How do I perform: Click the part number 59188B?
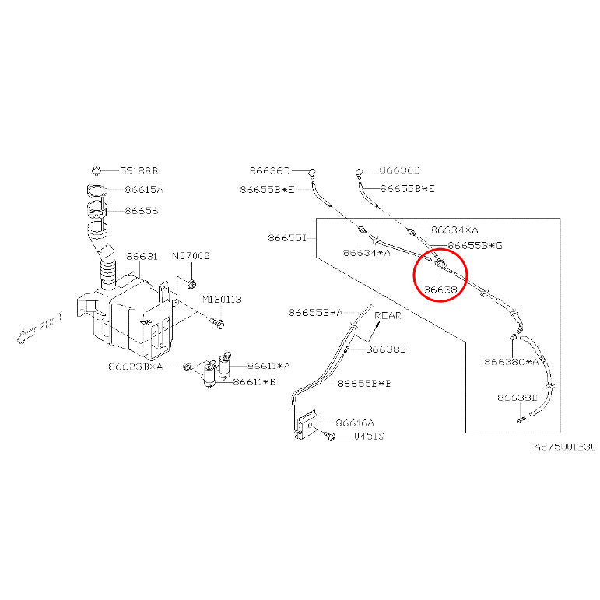[x=139, y=170]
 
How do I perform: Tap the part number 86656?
[x=141, y=211]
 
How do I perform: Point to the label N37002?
[x=191, y=255]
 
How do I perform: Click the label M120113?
[x=222, y=300]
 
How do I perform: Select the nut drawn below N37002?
[x=192, y=272]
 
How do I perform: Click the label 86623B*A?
[x=136, y=365]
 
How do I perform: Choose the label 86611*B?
[x=254, y=382]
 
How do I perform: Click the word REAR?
[x=388, y=316]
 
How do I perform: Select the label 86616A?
[x=353, y=423]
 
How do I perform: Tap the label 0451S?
[x=369, y=437]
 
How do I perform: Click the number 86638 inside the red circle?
[x=440, y=289]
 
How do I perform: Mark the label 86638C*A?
[x=511, y=362]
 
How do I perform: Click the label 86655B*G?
[x=475, y=245]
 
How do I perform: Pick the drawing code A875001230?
[x=564, y=447]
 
